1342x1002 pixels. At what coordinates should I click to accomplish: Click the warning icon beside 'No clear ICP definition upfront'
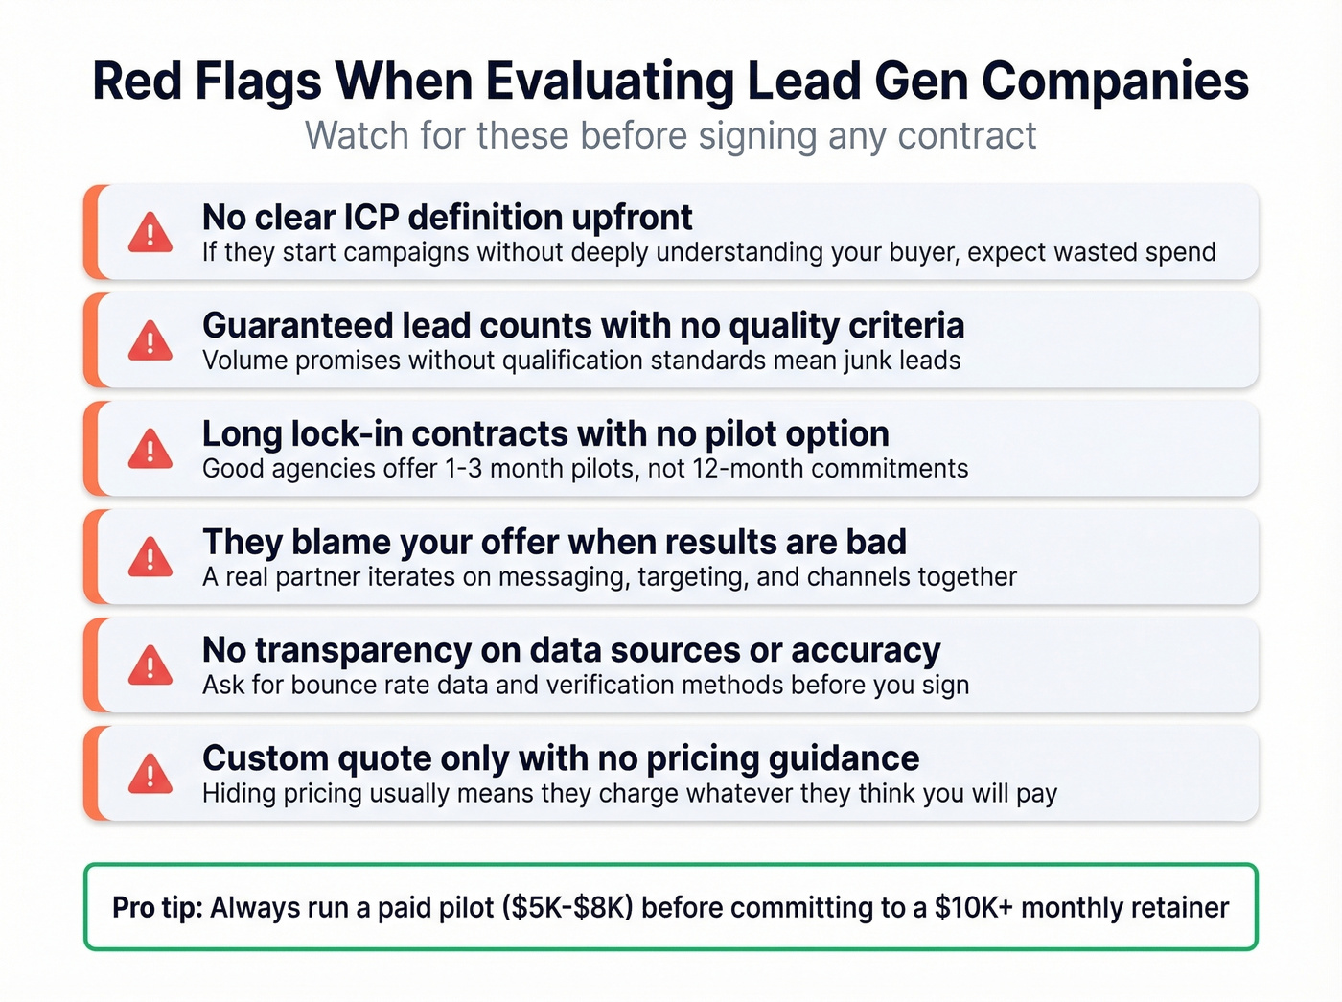[150, 233]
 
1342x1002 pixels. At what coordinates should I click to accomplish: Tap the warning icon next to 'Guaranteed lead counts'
[150, 341]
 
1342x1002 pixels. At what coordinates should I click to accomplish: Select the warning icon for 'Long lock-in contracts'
[150, 450]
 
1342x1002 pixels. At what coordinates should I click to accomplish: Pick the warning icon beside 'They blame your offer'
[150, 557]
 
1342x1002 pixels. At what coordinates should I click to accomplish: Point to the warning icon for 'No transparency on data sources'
[150, 665]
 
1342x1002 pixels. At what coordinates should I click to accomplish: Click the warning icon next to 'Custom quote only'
[150, 774]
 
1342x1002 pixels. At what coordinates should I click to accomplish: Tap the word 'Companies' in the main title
[1115, 82]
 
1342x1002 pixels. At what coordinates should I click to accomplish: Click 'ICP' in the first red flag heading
[369, 218]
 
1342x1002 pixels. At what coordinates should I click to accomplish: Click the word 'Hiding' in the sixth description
[238, 794]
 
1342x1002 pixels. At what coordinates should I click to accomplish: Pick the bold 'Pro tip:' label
[157, 908]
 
